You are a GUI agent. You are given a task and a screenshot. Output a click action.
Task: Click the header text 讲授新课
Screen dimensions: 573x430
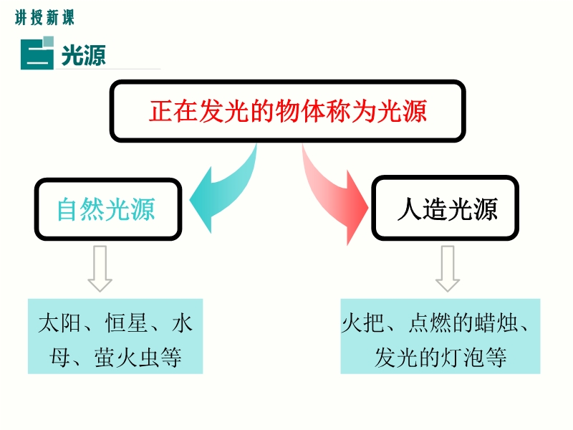point(44,17)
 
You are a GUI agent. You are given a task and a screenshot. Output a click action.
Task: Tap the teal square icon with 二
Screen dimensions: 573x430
point(37,52)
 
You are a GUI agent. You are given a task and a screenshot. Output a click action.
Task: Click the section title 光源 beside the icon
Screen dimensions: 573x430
point(84,56)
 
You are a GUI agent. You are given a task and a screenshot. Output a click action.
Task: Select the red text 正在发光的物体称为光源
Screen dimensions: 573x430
point(288,111)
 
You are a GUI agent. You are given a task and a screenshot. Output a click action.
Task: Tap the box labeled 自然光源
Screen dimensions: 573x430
point(108,209)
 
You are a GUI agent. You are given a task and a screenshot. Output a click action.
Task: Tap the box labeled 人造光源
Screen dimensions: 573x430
point(445,209)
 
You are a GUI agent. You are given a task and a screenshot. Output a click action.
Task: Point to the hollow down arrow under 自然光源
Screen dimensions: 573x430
point(100,268)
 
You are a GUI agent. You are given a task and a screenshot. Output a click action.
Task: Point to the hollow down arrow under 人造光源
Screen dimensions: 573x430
point(447,268)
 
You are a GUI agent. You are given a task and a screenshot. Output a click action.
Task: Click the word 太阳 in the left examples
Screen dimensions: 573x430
point(59,323)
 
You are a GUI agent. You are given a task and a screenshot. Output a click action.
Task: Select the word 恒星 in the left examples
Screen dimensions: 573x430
point(126,323)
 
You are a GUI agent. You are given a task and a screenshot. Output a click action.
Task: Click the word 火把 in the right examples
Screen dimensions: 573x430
point(363,323)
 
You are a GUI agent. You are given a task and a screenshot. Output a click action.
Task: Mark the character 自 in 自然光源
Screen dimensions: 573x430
point(68,209)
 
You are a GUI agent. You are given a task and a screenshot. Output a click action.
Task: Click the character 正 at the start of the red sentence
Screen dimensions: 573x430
point(160,111)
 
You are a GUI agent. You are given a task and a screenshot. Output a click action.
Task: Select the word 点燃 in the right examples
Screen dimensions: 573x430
point(430,323)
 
